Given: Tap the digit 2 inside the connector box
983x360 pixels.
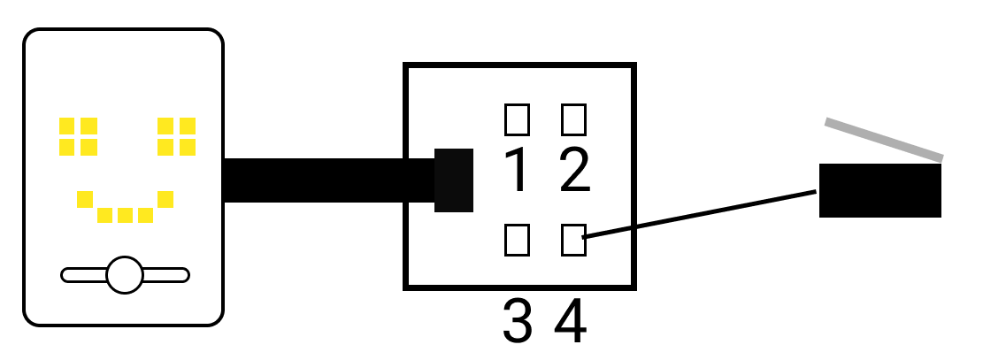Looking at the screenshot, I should [x=574, y=172].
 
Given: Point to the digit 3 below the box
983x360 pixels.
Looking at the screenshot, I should [x=518, y=322].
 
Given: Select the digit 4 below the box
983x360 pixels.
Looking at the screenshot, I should [x=571, y=322].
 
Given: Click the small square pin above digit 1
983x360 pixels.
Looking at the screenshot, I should [x=517, y=118].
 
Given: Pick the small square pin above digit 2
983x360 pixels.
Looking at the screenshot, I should [x=574, y=118].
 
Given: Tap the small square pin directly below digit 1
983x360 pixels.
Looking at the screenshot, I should [x=517, y=240].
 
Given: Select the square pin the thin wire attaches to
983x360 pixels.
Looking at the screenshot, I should [x=573, y=240].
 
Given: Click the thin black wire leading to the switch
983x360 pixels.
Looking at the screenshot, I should [x=699, y=213].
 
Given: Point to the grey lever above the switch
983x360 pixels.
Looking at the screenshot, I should [x=884, y=140].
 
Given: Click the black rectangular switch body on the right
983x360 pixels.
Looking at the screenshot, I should [x=879, y=190].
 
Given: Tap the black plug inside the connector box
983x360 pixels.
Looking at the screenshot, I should [x=454, y=180].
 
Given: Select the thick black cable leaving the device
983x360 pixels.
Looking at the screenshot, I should [x=327, y=180].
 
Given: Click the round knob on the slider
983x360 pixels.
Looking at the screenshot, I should [x=125, y=275].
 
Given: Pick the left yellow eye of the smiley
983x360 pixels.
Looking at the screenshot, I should [x=78, y=136].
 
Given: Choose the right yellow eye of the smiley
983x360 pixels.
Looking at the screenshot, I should [x=176, y=136].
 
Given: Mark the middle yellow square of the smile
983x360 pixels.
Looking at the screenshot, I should [x=125, y=215].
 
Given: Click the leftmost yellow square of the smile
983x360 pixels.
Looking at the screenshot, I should [x=85, y=199].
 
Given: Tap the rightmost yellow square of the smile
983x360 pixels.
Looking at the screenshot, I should [x=165, y=199].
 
